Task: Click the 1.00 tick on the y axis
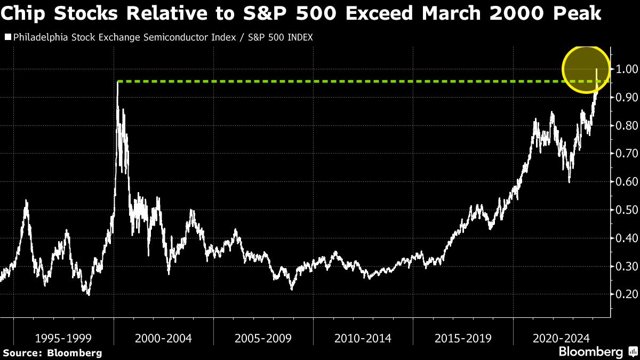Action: tap(627, 69)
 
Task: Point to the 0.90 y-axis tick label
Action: tap(627, 98)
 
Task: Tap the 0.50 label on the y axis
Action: tap(627, 210)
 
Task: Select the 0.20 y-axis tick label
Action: tap(627, 294)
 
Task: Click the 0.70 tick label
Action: tap(627, 154)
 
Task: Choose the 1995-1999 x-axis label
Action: tap(63, 338)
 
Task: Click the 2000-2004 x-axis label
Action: tap(163, 338)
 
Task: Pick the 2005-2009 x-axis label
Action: tap(263, 338)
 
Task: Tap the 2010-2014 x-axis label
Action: tap(363, 338)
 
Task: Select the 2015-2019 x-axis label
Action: tap(463, 338)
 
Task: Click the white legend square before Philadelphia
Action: tap(7, 37)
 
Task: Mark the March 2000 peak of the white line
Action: tap(117, 83)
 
